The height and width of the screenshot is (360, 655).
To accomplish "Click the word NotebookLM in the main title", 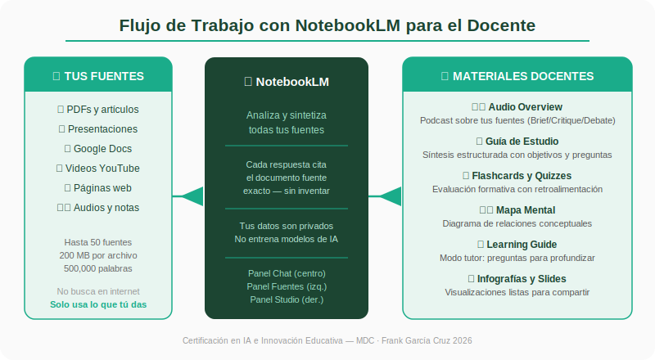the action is point(348,25).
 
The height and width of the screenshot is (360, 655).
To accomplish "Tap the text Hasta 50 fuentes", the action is point(98,242).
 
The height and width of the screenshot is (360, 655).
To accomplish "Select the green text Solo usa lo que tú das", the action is point(98,304).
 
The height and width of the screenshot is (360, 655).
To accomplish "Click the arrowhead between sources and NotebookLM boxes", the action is point(193,196).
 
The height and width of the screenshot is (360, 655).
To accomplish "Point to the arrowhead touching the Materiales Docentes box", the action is point(391,196).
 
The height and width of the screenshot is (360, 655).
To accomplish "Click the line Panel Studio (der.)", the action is point(287,299).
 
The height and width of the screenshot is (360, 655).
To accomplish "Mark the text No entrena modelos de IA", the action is point(287,239).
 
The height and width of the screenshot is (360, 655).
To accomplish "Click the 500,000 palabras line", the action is point(98,268).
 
